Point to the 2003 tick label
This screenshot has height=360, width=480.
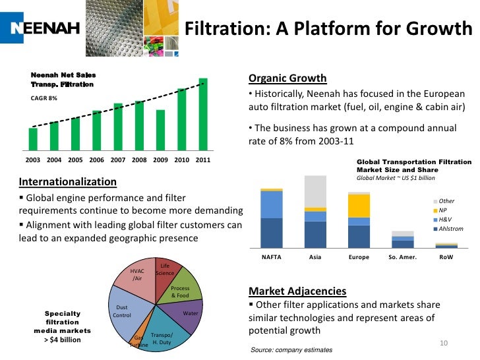(33, 160)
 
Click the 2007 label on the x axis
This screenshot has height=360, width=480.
(118, 160)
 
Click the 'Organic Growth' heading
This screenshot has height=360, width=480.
(287, 79)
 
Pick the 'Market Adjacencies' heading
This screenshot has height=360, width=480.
(297, 291)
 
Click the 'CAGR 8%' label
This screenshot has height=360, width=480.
(44, 98)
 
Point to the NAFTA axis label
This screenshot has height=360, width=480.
(272, 257)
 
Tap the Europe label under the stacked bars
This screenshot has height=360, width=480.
(359, 257)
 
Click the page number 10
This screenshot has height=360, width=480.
(443, 344)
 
